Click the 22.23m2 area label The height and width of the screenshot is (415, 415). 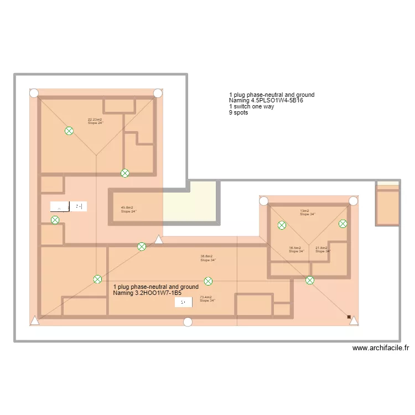[x=95, y=120]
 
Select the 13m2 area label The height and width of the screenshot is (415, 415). [x=304, y=211]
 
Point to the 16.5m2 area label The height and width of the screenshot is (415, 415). [x=295, y=248]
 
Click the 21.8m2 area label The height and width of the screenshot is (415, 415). [x=321, y=248]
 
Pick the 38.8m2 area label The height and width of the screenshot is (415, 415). [x=206, y=256]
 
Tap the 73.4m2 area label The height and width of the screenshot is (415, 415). [x=206, y=297]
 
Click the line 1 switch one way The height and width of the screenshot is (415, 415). [x=251, y=107]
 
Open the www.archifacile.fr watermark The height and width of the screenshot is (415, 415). [x=381, y=348]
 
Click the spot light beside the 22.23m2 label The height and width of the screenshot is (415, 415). [x=69, y=131]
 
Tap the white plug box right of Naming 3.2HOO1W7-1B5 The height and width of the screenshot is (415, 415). [x=183, y=302]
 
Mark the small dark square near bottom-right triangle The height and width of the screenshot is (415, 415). [x=349, y=317]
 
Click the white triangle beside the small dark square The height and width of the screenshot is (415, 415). [x=354, y=320]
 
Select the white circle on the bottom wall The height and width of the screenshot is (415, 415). [x=188, y=322]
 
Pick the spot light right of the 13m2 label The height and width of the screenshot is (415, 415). [x=343, y=224]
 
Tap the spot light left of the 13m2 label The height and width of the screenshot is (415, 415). [x=282, y=225]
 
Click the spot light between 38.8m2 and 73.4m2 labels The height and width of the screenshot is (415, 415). [x=208, y=281]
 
